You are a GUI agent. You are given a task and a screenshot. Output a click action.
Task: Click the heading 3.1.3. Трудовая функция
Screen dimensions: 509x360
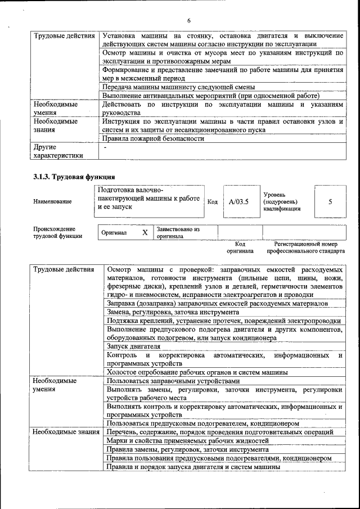click(70, 177)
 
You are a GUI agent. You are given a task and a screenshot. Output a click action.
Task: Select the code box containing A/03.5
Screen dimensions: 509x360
click(239, 201)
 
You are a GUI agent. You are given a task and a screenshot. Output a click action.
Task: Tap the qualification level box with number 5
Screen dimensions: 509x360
click(330, 201)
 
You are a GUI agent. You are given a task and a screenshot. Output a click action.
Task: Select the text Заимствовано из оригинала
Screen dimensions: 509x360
click(178, 233)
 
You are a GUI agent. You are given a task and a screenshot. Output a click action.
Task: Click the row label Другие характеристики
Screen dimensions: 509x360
click(58, 151)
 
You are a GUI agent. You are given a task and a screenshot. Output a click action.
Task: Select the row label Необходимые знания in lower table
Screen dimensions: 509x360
click(66, 432)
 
